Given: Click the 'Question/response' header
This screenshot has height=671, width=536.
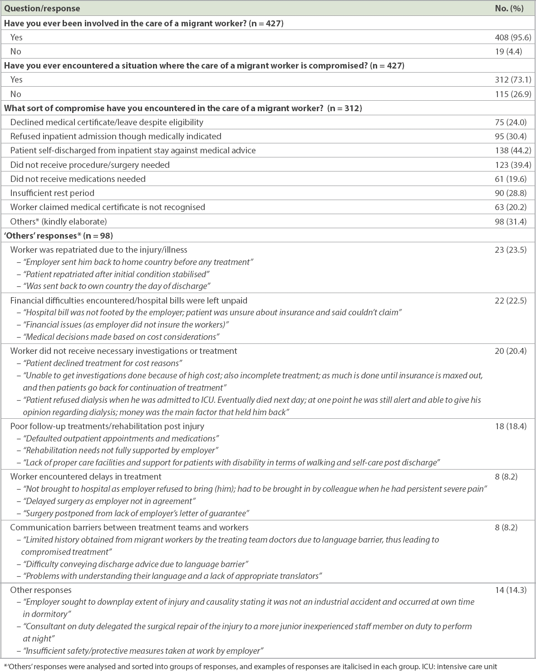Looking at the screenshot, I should (x=42, y=9).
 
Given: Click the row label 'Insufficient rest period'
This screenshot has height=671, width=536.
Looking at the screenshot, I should (x=52, y=193).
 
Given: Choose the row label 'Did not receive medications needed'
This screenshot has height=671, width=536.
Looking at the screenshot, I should (x=78, y=179).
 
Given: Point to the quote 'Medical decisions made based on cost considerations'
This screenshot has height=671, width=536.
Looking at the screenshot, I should (x=122, y=337).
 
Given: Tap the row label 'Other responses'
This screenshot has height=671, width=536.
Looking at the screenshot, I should (x=41, y=590).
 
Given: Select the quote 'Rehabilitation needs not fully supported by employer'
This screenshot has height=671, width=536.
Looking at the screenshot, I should (x=122, y=451).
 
